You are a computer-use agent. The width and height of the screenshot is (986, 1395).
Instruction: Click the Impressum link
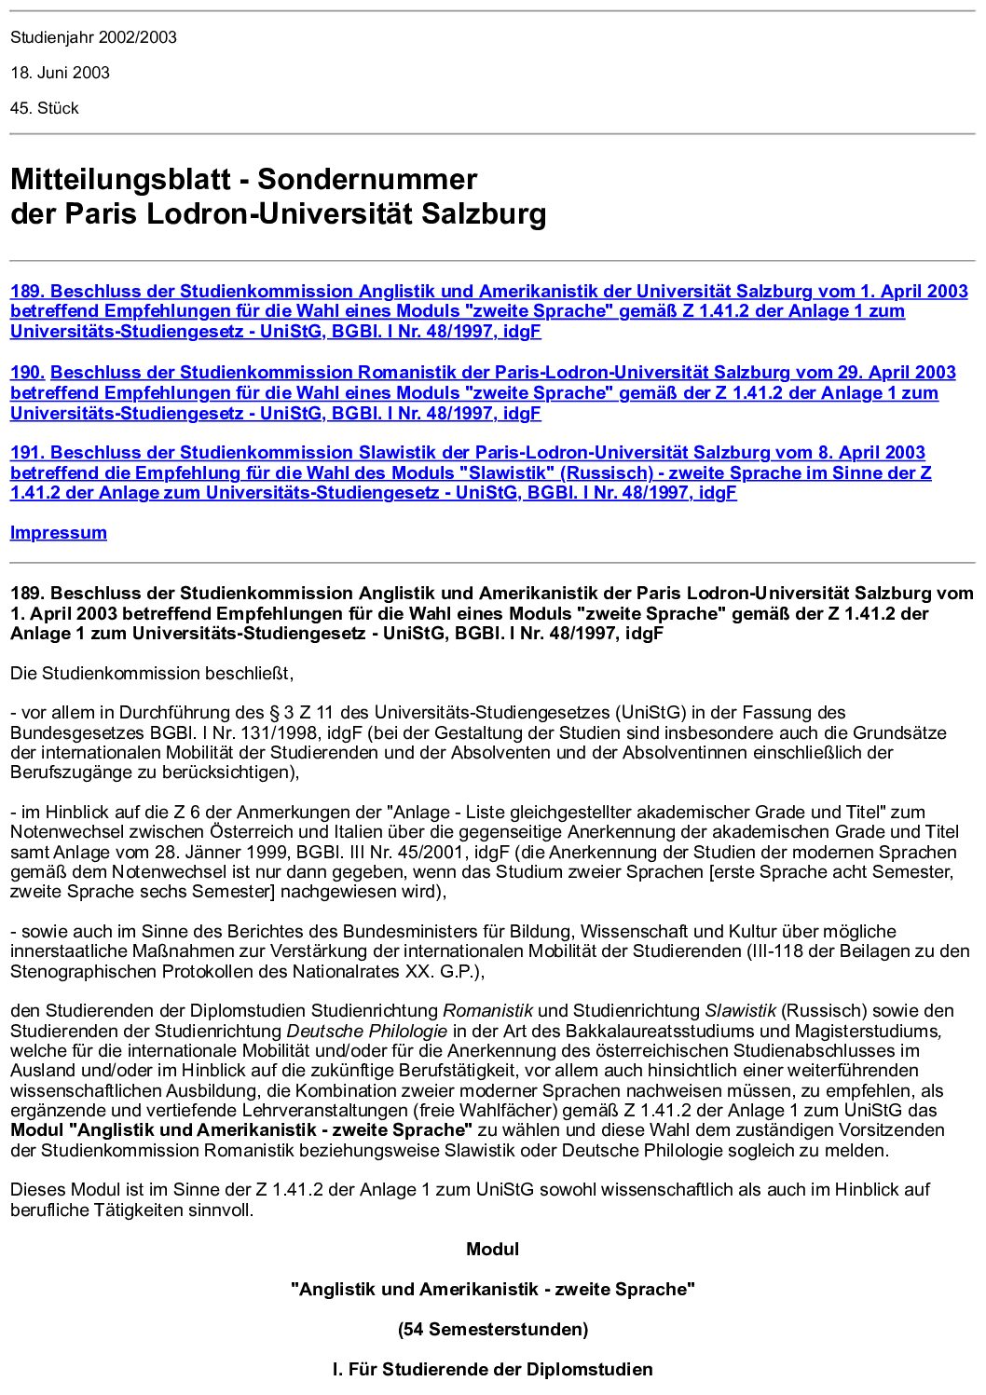pos(58,533)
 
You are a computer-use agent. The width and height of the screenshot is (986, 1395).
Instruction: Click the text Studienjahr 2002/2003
pos(93,37)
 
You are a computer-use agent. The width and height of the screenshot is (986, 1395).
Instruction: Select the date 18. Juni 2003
pos(60,73)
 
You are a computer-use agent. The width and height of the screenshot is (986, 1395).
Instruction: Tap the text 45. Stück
pos(44,108)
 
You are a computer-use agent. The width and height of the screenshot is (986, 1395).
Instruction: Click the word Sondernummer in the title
pos(367,179)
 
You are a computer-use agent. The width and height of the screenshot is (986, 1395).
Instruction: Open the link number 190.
pos(27,373)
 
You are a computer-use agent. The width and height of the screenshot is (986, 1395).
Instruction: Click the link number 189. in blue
pos(27,292)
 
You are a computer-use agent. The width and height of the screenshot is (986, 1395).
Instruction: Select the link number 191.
pos(27,453)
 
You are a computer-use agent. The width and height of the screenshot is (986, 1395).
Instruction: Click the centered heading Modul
pos(492,1249)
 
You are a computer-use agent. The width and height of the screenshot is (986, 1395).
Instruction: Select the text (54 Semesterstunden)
pos(492,1329)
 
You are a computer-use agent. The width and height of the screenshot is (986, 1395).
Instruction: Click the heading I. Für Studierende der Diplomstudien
pos(492,1369)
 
